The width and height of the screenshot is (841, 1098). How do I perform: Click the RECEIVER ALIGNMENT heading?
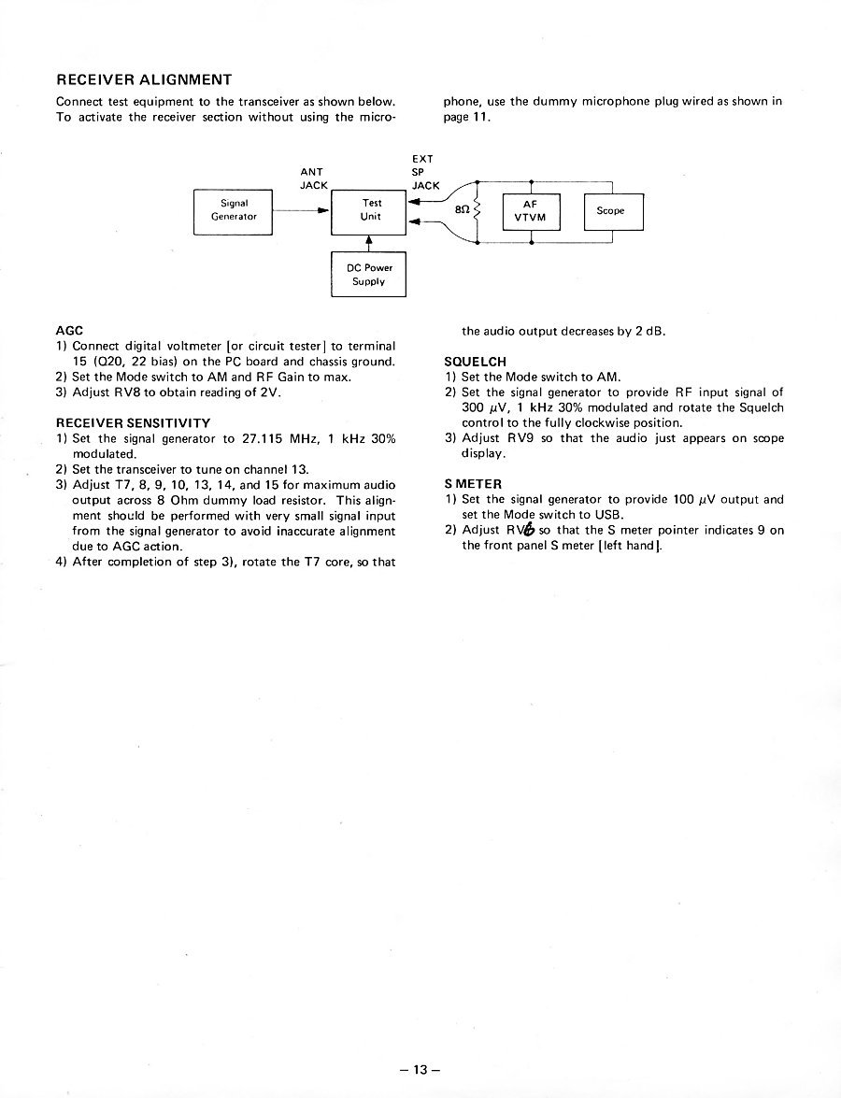coord(144,78)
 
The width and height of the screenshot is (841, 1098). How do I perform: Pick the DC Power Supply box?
coord(369,274)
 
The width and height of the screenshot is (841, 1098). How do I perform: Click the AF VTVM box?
coord(530,210)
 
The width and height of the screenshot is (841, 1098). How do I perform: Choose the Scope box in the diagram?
coord(613,211)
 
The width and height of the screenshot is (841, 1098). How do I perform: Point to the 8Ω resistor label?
coord(462,211)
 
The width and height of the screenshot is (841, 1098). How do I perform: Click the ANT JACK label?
coord(312,178)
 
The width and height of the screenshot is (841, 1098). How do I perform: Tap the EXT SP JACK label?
coord(425,172)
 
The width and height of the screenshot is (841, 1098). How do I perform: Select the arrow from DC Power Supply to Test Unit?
coord(369,243)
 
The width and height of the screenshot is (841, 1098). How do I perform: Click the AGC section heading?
coord(70,330)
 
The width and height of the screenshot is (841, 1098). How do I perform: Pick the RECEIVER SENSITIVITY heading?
coord(133,423)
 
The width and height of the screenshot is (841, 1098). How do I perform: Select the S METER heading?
coord(474,484)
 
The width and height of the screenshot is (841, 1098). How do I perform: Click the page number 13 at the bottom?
coord(420,1070)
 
